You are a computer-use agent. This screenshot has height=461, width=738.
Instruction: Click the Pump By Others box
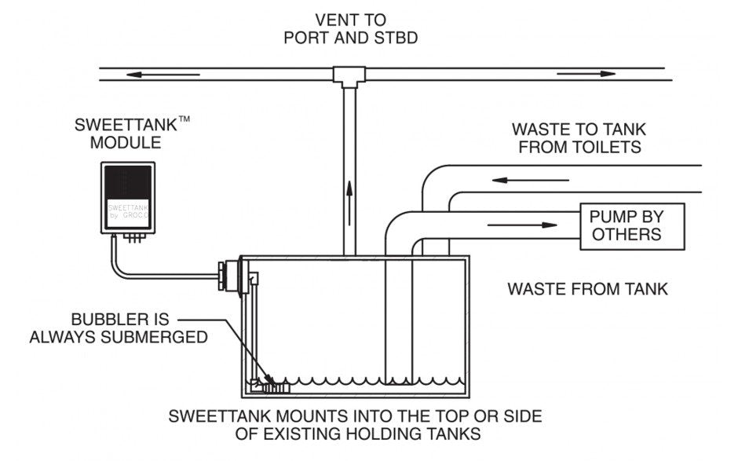(x=632, y=226)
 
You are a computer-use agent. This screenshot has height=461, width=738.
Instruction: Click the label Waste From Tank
(x=587, y=289)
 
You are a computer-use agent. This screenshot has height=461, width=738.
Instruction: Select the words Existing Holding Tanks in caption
(x=392, y=433)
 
